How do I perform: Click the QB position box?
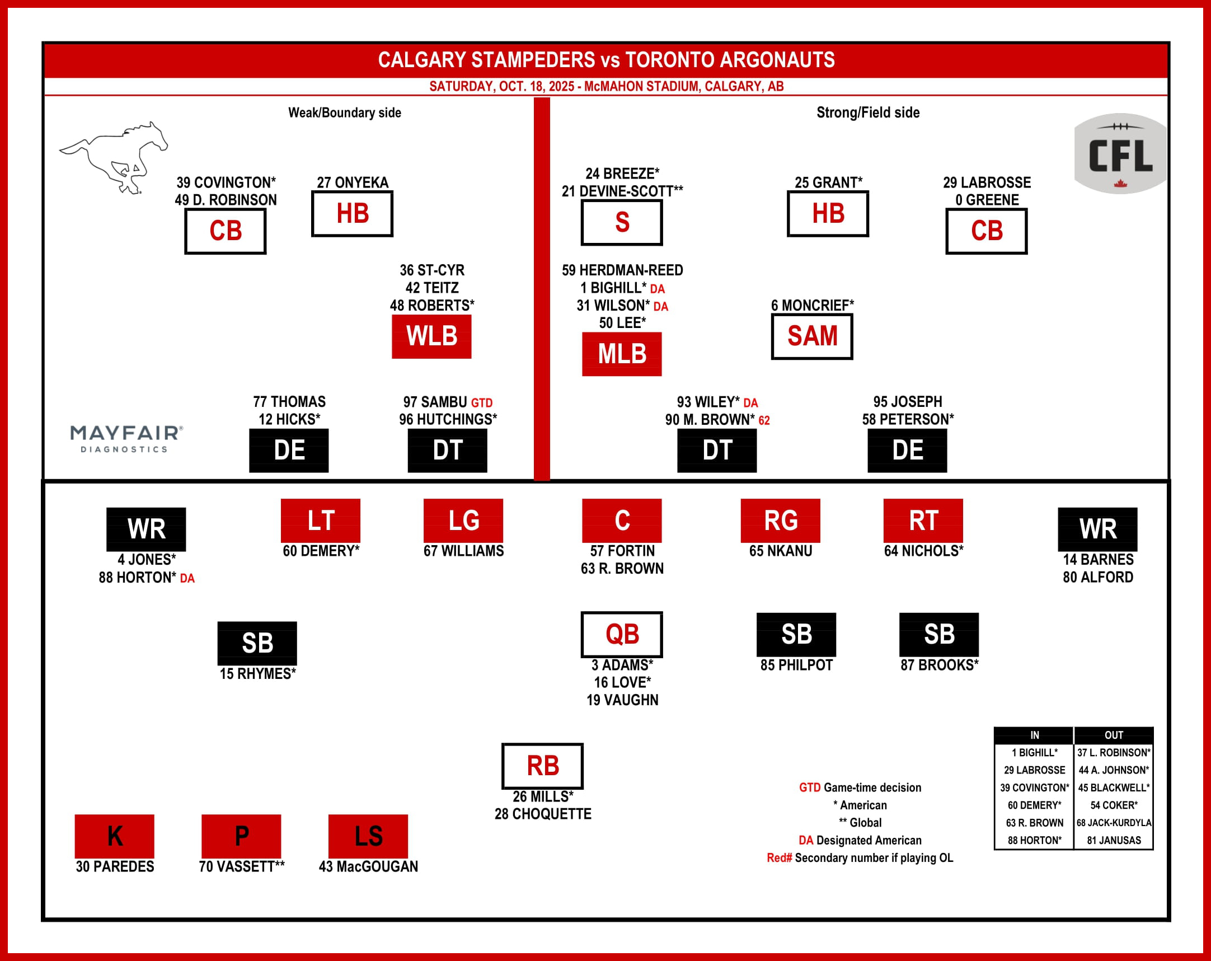pyautogui.click(x=622, y=634)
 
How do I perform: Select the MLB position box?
pyautogui.click(x=622, y=354)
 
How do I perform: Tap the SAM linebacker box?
pyautogui.click(x=811, y=336)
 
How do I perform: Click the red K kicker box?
pyautogui.click(x=115, y=836)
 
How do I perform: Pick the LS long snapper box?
pyautogui.click(x=368, y=836)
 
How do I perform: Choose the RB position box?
pyautogui.click(x=542, y=766)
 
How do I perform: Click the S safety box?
pyautogui.click(x=622, y=222)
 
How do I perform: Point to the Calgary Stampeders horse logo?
pyautogui.click(x=115, y=158)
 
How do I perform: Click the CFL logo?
pyautogui.click(x=1120, y=154)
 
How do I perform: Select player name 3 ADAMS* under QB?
pyautogui.click(x=622, y=665)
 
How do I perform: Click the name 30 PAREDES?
pyautogui.click(x=115, y=866)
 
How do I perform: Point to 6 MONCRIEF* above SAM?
pyautogui.click(x=811, y=306)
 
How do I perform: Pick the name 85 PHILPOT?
pyautogui.click(x=796, y=665)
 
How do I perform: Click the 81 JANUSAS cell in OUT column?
pyautogui.click(x=1113, y=840)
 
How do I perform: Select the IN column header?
pyautogui.click(x=1034, y=735)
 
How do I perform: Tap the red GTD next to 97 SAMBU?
pyautogui.click(x=481, y=403)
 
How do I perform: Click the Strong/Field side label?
pyautogui.click(x=868, y=113)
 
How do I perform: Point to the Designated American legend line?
pyautogui.click(x=860, y=840)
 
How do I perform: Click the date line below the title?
pyautogui.click(x=606, y=87)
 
